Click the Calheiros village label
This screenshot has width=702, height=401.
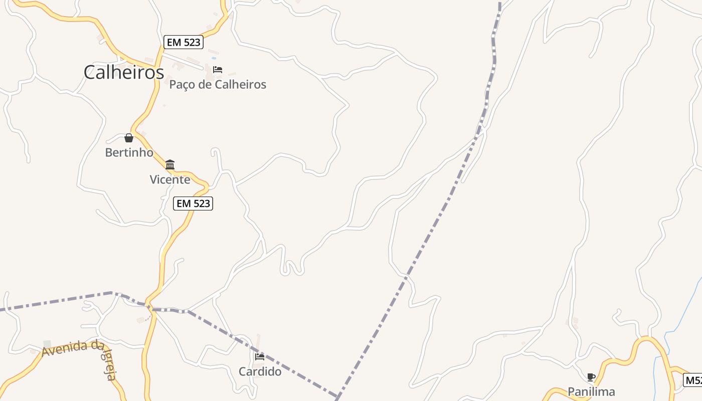point(123,73)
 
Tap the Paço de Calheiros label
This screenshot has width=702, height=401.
point(218,84)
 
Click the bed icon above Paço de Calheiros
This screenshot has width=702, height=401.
point(218,70)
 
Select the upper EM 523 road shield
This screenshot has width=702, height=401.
point(184,42)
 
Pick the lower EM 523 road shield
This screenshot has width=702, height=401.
point(193,204)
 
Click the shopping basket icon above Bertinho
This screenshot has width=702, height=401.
point(129,138)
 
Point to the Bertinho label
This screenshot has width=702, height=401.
point(129,152)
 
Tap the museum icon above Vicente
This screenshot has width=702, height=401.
point(170,164)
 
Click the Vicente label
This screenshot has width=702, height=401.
point(170,179)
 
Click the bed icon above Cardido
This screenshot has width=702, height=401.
point(260,357)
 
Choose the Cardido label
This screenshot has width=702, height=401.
point(260,371)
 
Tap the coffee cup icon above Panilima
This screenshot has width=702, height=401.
point(591,377)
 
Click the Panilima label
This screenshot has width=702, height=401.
point(591,391)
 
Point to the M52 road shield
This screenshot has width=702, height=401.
point(693,380)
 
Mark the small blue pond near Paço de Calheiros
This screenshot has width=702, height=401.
point(214,58)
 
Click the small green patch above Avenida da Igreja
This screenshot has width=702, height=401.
point(47,344)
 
